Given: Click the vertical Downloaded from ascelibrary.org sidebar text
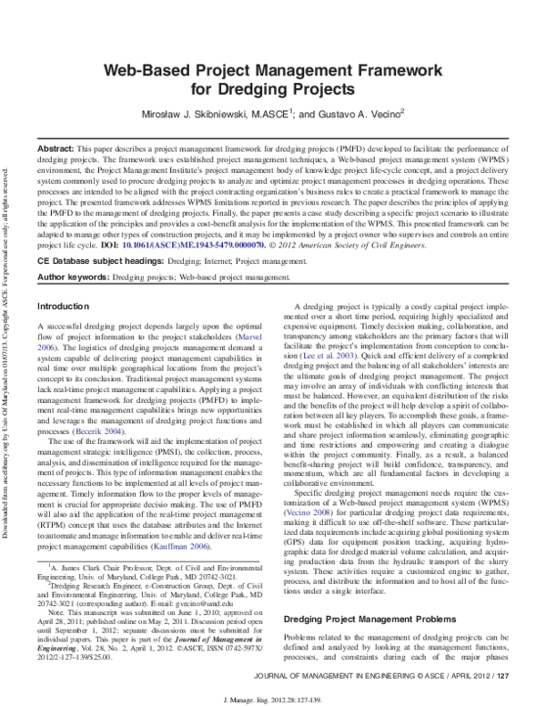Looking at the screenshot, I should coord(7,309).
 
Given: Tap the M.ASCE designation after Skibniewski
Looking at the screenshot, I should coord(260,115).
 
